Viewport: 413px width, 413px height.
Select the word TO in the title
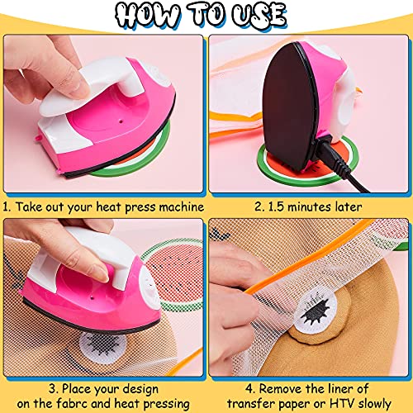tap(206, 15)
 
